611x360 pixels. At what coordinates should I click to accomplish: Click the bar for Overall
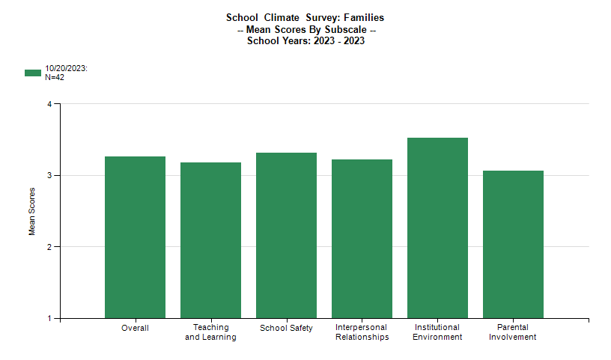click(x=135, y=237)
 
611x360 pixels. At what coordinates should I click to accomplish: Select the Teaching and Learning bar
click(x=210, y=240)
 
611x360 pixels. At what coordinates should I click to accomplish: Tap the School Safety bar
click(x=286, y=236)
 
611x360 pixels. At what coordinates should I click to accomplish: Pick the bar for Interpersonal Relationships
click(x=362, y=239)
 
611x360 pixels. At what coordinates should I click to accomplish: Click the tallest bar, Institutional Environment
click(x=437, y=228)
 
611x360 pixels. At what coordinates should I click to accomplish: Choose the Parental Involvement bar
click(x=513, y=245)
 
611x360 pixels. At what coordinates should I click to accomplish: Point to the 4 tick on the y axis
click(x=49, y=104)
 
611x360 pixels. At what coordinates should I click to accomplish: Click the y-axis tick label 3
click(x=49, y=175)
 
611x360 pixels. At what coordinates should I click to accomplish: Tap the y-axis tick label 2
click(x=49, y=247)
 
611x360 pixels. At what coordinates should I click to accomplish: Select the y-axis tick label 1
click(x=49, y=318)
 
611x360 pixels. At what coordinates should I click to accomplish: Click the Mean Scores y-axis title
click(x=32, y=211)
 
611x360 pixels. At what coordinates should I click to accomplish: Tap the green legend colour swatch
click(x=33, y=73)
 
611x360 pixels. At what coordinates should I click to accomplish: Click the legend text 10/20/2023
click(x=67, y=68)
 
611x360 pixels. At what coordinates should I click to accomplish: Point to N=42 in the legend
click(x=55, y=77)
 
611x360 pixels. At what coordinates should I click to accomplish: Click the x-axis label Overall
click(x=135, y=328)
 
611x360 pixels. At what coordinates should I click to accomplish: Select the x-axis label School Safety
click(x=286, y=328)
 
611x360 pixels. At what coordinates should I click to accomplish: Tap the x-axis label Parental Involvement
click(x=513, y=332)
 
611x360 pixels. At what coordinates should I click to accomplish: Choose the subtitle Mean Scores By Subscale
click(x=305, y=29)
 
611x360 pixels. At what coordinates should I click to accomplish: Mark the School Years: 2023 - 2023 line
click(x=305, y=40)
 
